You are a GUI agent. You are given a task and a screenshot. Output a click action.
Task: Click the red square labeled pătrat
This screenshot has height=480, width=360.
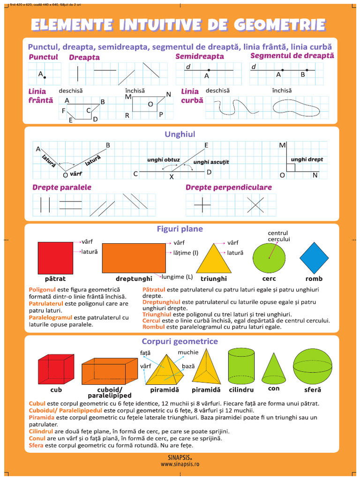click(x=55, y=257)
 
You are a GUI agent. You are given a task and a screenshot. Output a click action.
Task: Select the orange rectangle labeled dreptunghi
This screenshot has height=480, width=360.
click(x=134, y=258)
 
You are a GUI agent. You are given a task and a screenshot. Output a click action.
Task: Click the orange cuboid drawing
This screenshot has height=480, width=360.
click(x=111, y=372)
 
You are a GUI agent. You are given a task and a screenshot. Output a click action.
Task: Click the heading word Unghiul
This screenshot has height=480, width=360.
click(x=180, y=135)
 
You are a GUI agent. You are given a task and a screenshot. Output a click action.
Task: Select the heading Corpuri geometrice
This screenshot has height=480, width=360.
click(x=180, y=341)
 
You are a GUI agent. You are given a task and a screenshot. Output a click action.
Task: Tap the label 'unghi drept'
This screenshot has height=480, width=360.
click(x=307, y=159)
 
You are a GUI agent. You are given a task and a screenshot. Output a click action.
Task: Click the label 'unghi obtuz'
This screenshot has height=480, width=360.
click(x=163, y=160)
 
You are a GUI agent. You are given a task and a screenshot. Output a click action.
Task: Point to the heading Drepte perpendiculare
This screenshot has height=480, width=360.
click(x=229, y=187)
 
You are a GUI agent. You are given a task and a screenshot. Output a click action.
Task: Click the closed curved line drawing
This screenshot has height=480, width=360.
click(x=295, y=107)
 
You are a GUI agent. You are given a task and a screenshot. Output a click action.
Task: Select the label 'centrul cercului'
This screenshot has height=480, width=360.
click(x=278, y=236)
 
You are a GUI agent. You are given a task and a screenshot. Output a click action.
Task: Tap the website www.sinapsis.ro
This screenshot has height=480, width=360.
click(x=180, y=464)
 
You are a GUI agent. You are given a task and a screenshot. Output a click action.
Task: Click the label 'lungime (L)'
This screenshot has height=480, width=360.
click(x=177, y=277)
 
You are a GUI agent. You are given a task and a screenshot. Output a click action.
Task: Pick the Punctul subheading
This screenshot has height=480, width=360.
click(x=43, y=57)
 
